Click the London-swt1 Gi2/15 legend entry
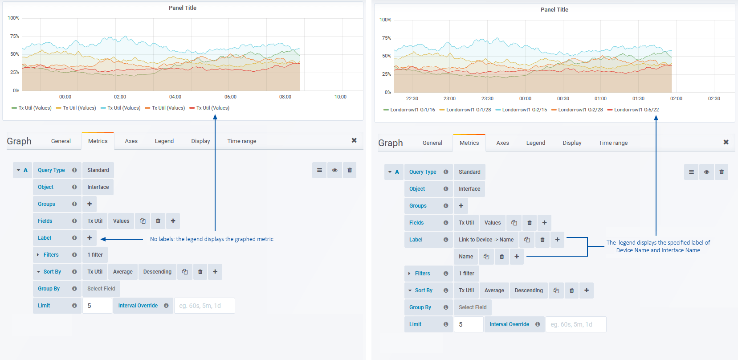click(x=524, y=110)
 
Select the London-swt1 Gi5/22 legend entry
click(x=636, y=110)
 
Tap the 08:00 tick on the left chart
click(x=285, y=97)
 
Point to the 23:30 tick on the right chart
click(x=487, y=98)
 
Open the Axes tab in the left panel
click(x=131, y=141)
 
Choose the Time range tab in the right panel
click(x=613, y=143)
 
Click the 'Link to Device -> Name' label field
click(x=486, y=240)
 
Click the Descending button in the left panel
click(x=157, y=272)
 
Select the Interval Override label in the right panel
click(x=509, y=324)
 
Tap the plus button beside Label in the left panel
click(x=90, y=238)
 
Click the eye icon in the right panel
click(x=706, y=172)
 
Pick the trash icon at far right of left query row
click(x=350, y=170)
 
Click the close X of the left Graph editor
click(x=354, y=140)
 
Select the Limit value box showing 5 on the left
click(x=97, y=306)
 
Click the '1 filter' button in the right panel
click(x=466, y=274)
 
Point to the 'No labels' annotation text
click(x=212, y=239)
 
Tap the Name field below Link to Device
click(x=466, y=257)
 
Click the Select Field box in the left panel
click(x=101, y=289)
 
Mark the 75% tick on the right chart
click(x=386, y=38)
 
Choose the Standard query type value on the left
click(x=98, y=170)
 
